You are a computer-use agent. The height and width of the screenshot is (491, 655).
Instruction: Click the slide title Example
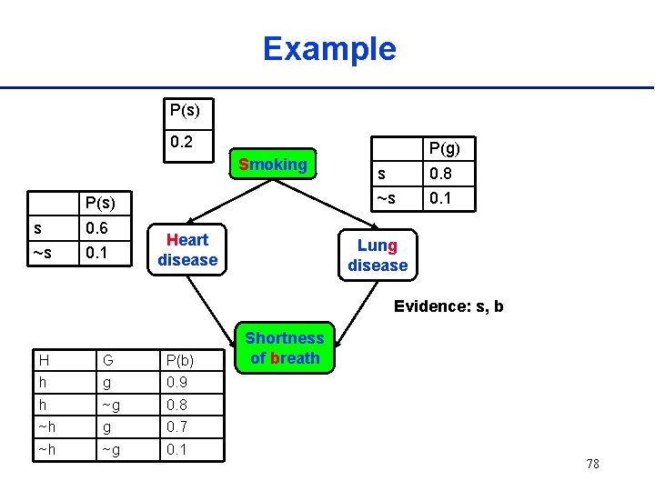point(329,48)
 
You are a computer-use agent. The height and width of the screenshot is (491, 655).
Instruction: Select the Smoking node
point(272,165)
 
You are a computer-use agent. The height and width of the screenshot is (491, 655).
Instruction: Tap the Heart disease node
point(187,250)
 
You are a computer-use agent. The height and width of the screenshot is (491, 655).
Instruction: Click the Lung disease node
point(378,256)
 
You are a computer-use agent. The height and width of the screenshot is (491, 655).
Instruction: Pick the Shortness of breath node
point(285,348)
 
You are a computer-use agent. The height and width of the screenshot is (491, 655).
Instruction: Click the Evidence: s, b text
point(448,306)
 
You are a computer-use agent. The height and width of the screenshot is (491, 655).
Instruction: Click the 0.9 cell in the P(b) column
point(177,384)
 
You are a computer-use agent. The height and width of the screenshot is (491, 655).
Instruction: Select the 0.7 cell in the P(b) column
point(177,426)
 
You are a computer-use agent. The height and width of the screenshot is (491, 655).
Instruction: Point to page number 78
point(592,465)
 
